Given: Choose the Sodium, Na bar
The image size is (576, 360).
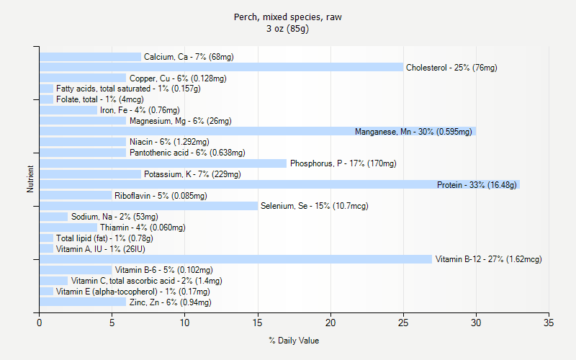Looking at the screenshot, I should pos(53,217).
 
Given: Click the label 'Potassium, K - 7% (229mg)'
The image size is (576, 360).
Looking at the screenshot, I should pos(192,174).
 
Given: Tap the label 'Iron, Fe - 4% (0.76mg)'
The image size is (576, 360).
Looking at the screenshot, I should pos(140,110).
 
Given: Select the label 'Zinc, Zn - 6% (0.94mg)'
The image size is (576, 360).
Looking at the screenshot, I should pos(170,302).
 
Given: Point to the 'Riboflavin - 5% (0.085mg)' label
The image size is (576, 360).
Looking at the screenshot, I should pos(161,196).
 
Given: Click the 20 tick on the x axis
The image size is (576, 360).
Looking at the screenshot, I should pos(330,313).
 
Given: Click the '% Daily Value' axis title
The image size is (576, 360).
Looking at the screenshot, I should pos(294,341).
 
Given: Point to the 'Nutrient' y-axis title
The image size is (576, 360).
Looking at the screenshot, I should pos(30,179).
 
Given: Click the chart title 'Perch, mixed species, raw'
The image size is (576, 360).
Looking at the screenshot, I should pos(288,17).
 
